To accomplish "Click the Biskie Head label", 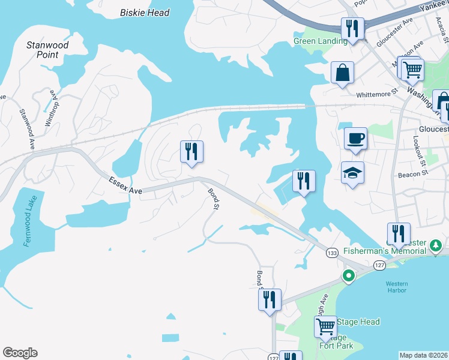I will [x=145, y=13].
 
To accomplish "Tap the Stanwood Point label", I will [x=47, y=50].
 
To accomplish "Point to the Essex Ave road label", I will [x=125, y=185].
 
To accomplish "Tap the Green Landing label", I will [x=320, y=41].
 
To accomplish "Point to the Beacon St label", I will [x=412, y=175].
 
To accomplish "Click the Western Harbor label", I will [x=396, y=287].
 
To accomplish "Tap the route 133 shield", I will [x=332, y=253].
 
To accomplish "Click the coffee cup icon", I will [x=355, y=138].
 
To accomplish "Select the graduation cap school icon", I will [x=352, y=173].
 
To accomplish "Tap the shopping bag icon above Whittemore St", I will [x=342, y=73].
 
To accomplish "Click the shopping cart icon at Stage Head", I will [x=325, y=326].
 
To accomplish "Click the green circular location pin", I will [x=348, y=276].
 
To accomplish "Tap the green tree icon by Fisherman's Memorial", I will [x=436, y=245].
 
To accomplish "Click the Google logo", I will [x=20, y=353].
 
